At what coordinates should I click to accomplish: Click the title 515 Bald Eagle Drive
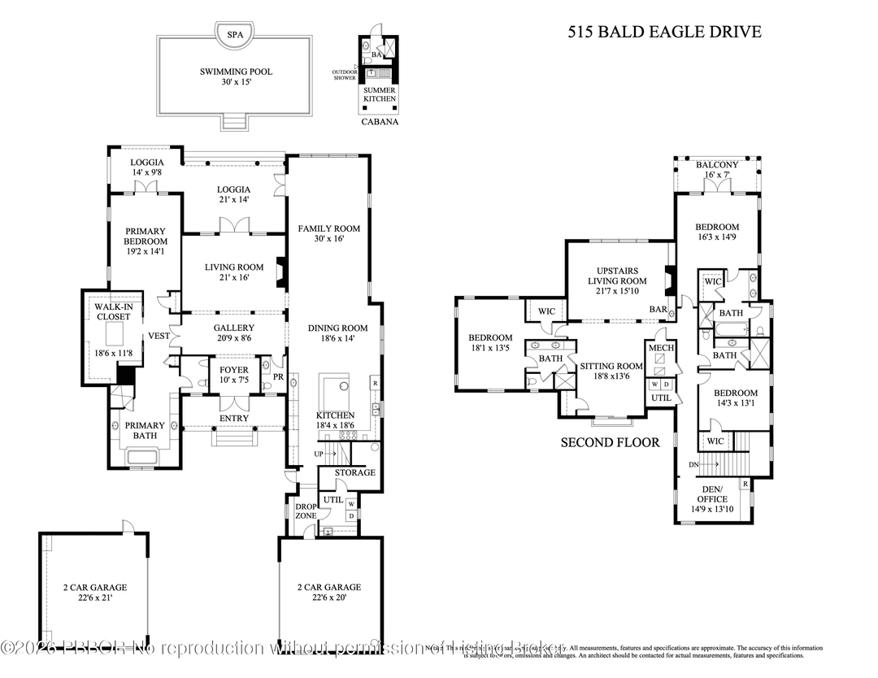[x=663, y=33]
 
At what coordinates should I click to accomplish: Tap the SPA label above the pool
[x=235, y=34]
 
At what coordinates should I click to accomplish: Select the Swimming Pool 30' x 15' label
[x=236, y=77]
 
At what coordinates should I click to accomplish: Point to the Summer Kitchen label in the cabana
[x=380, y=94]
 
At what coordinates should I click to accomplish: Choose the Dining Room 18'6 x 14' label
[x=337, y=334]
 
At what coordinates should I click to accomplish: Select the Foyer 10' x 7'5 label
[x=234, y=375]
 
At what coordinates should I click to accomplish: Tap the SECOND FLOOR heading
[x=610, y=443]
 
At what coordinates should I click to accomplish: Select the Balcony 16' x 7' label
[x=717, y=170]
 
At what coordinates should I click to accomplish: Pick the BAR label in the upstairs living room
[x=658, y=310]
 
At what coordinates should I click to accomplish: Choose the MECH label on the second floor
[x=658, y=348]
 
